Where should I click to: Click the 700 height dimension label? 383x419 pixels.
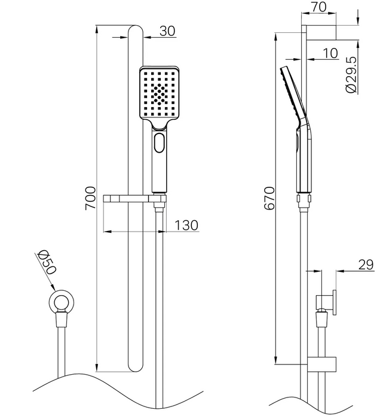tap(90, 198)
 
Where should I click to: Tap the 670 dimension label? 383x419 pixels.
tap(269, 198)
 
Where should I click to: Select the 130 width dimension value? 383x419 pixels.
tap(186, 225)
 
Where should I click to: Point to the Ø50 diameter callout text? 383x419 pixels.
tap(47, 262)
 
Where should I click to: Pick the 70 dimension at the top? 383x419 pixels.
tap(318, 7)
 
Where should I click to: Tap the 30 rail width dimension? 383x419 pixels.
tap(167, 31)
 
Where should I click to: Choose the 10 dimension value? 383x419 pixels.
tap(330, 53)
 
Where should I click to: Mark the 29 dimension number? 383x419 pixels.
tap(366, 265)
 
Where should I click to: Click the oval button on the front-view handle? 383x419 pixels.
tap(159, 142)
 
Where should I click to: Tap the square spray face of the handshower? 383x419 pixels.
tap(159, 92)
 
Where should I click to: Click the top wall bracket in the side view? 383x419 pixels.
tap(321, 32)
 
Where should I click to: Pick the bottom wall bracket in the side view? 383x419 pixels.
tap(321, 364)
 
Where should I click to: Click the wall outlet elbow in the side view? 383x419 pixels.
tap(326, 302)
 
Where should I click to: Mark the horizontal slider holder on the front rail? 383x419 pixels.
tap(134, 199)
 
